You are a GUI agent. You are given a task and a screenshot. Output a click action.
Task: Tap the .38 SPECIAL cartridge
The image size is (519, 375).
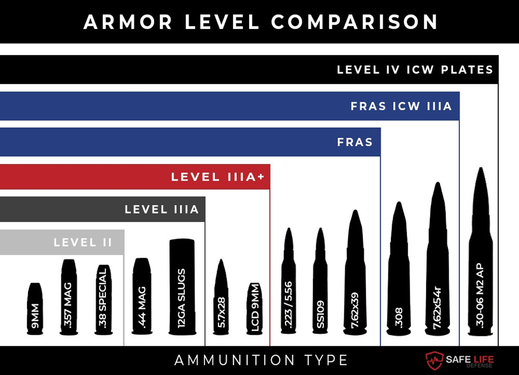pos(103,300)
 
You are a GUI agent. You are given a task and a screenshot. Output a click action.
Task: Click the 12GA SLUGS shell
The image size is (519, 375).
pos(181,287)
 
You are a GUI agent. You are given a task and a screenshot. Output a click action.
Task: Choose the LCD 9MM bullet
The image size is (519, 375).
pos(255,309)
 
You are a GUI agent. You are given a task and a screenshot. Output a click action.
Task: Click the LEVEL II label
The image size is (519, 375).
pos(83,243)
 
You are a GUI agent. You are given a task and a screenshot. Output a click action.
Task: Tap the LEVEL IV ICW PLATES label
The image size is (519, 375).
pos(415,70)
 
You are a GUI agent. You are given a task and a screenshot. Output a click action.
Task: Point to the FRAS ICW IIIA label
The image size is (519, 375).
pos(401,106)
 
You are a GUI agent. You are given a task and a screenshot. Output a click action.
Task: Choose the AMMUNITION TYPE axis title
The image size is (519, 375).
pos(261,360)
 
